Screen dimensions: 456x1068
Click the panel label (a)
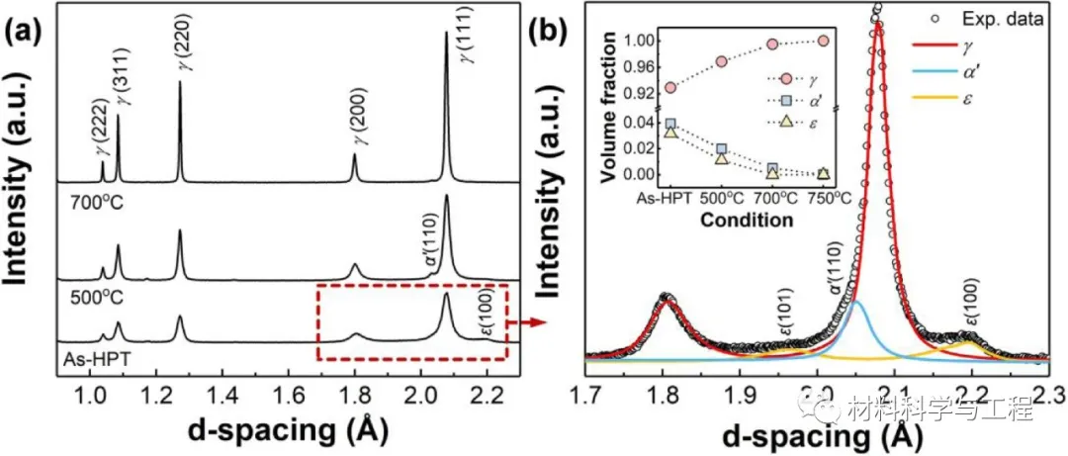pos(27,33)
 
